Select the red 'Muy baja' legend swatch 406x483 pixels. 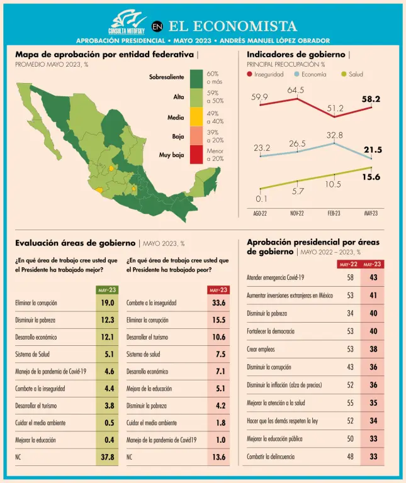coord(196,154)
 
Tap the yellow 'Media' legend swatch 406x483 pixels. coord(196,117)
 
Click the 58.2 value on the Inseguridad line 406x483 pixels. coord(371,99)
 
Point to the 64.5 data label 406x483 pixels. coord(296,90)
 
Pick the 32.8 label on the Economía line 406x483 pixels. coord(335,135)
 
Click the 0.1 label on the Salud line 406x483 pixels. coord(261,199)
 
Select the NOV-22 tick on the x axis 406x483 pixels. coord(296,213)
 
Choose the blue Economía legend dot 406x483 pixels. coord(296,74)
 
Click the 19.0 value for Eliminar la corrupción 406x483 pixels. coord(108,303)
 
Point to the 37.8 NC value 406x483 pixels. coord(108,457)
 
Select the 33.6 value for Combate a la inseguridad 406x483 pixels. coord(218,303)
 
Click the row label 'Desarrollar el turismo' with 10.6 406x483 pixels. coord(150,337)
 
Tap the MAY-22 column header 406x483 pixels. coord(349,264)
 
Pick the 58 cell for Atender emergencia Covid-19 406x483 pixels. coord(350,277)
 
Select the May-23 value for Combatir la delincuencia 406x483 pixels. coord(373,457)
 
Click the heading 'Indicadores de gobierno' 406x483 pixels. coord(296,55)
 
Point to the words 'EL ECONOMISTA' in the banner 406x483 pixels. coord(233,26)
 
